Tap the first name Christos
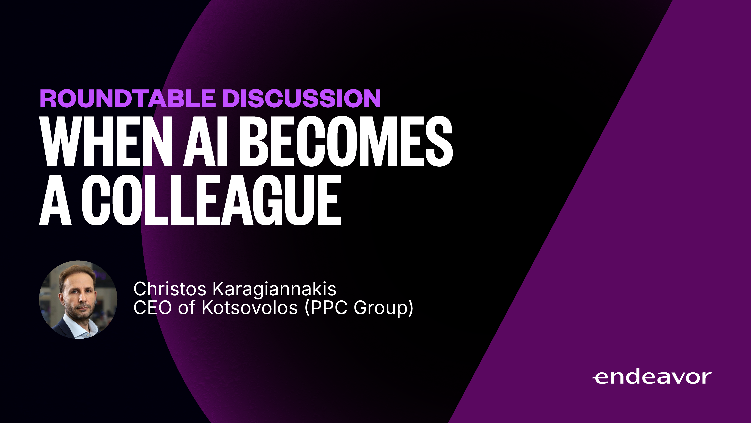[x=170, y=289]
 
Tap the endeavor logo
[x=652, y=378]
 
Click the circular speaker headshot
[x=78, y=299]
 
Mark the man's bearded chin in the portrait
[x=80, y=315]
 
